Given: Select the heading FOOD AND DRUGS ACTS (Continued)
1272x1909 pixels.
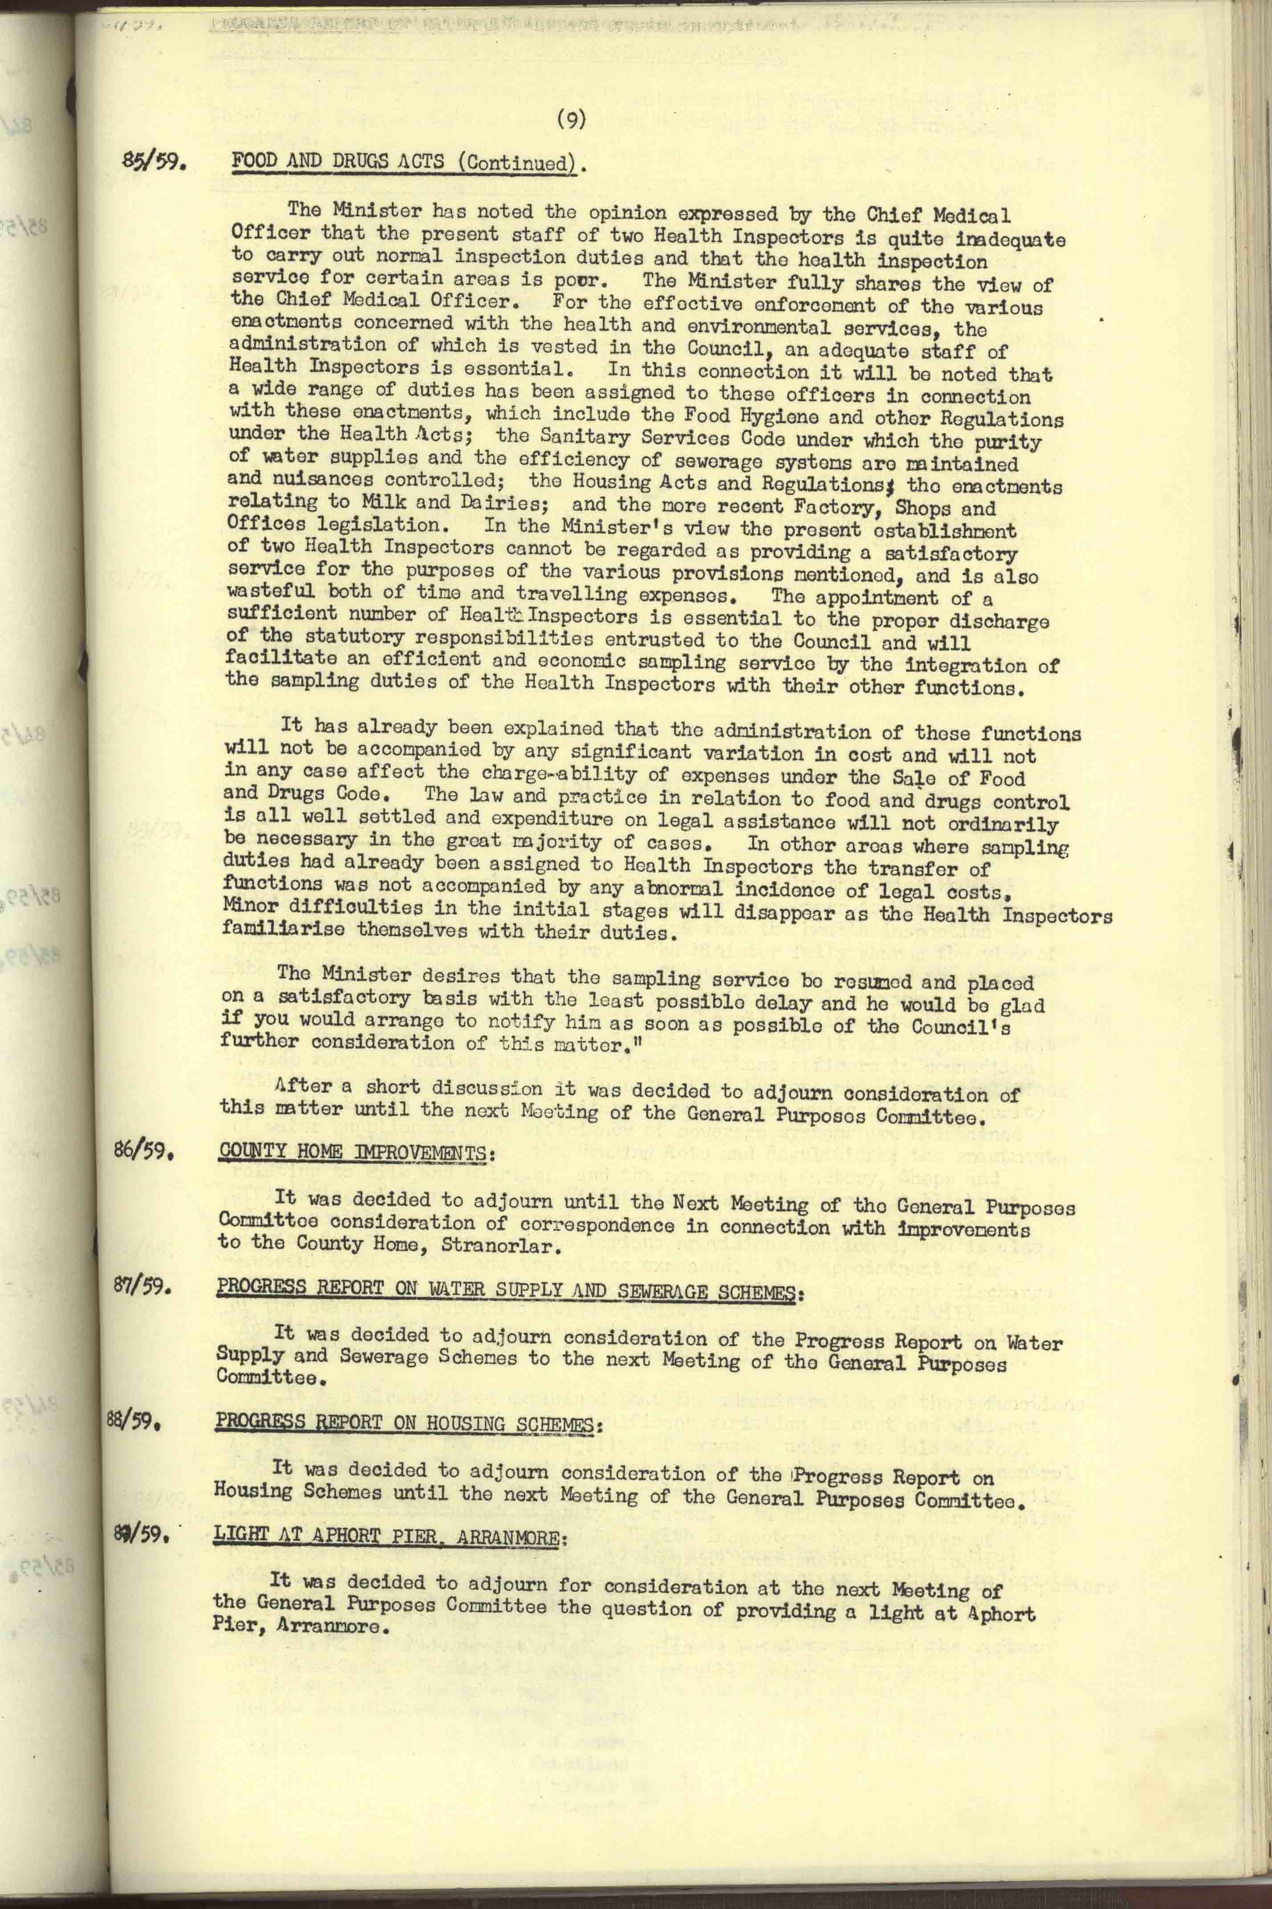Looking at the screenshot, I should click(408, 162).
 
